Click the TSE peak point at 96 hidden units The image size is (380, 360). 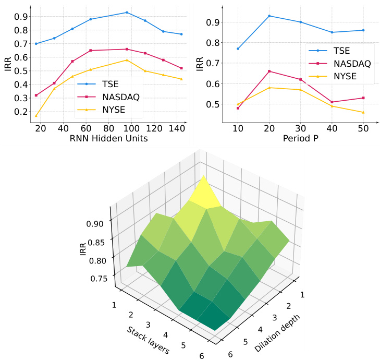(127, 13)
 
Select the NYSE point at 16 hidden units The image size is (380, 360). (36, 116)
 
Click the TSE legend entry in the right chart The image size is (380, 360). (339, 51)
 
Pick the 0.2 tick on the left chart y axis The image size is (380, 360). (21, 112)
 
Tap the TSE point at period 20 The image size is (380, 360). (269, 16)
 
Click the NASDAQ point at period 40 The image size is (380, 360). (332, 102)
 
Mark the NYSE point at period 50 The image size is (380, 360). (363, 112)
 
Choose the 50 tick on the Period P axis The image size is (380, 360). (363, 129)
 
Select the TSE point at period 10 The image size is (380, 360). (238, 49)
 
